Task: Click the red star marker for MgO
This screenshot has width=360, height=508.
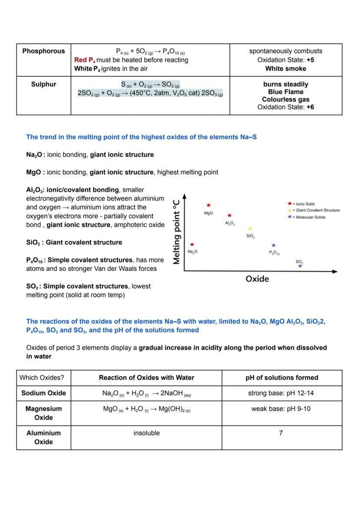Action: tap(209, 205)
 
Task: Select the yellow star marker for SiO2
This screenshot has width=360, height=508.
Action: tap(250, 229)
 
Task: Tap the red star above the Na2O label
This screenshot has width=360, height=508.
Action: tap(192, 245)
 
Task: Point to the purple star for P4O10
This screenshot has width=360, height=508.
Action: tap(273, 246)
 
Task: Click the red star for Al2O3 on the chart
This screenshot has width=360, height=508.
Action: tap(230, 215)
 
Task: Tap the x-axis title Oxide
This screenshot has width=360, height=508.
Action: tap(257, 279)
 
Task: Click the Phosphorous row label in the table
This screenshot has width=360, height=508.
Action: tap(43, 51)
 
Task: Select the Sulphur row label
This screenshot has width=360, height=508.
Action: tap(43, 84)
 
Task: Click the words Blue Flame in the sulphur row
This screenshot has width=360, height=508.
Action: tap(286, 92)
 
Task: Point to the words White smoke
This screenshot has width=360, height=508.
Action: tap(286, 69)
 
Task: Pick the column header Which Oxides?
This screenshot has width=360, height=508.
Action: tap(42, 378)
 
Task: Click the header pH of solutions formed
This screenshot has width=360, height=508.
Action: tap(282, 378)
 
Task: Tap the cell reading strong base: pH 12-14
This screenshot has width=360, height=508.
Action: tap(281, 393)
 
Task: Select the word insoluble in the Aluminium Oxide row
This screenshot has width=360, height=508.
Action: tap(147, 433)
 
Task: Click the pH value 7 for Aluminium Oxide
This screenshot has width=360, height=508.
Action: tap(281, 433)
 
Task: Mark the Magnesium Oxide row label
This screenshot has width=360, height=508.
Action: tap(43, 413)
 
